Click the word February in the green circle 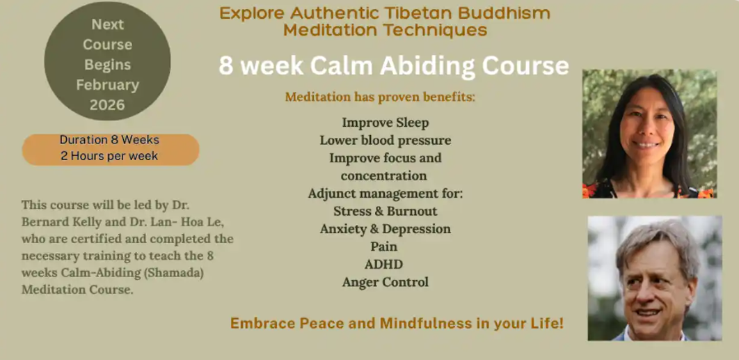point(107,85)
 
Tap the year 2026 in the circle point(107,105)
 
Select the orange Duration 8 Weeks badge point(110,148)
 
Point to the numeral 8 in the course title point(226,65)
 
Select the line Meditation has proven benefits point(380,97)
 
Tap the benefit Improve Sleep point(385,123)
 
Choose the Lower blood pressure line point(385,141)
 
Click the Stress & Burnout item point(385,211)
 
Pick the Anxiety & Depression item point(385,229)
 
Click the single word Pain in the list point(384,246)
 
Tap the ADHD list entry point(384,265)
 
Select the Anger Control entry point(385,282)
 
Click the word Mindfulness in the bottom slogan point(423,324)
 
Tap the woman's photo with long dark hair point(649,134)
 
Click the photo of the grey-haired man point(654,278)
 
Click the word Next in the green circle point(107,24)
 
